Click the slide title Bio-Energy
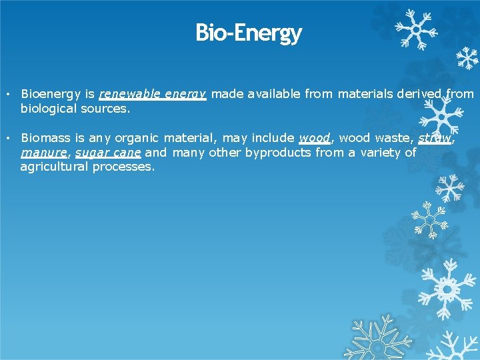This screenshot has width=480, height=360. click(248, 32)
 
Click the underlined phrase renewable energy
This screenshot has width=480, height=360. click(153, 94)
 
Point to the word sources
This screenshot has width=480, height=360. click(106, 109)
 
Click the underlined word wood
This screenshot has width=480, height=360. click(315, 138)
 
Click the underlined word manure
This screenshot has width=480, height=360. click(44, 153)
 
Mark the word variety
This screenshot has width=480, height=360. click(382, 153)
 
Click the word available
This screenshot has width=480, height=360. click(274, 94)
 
